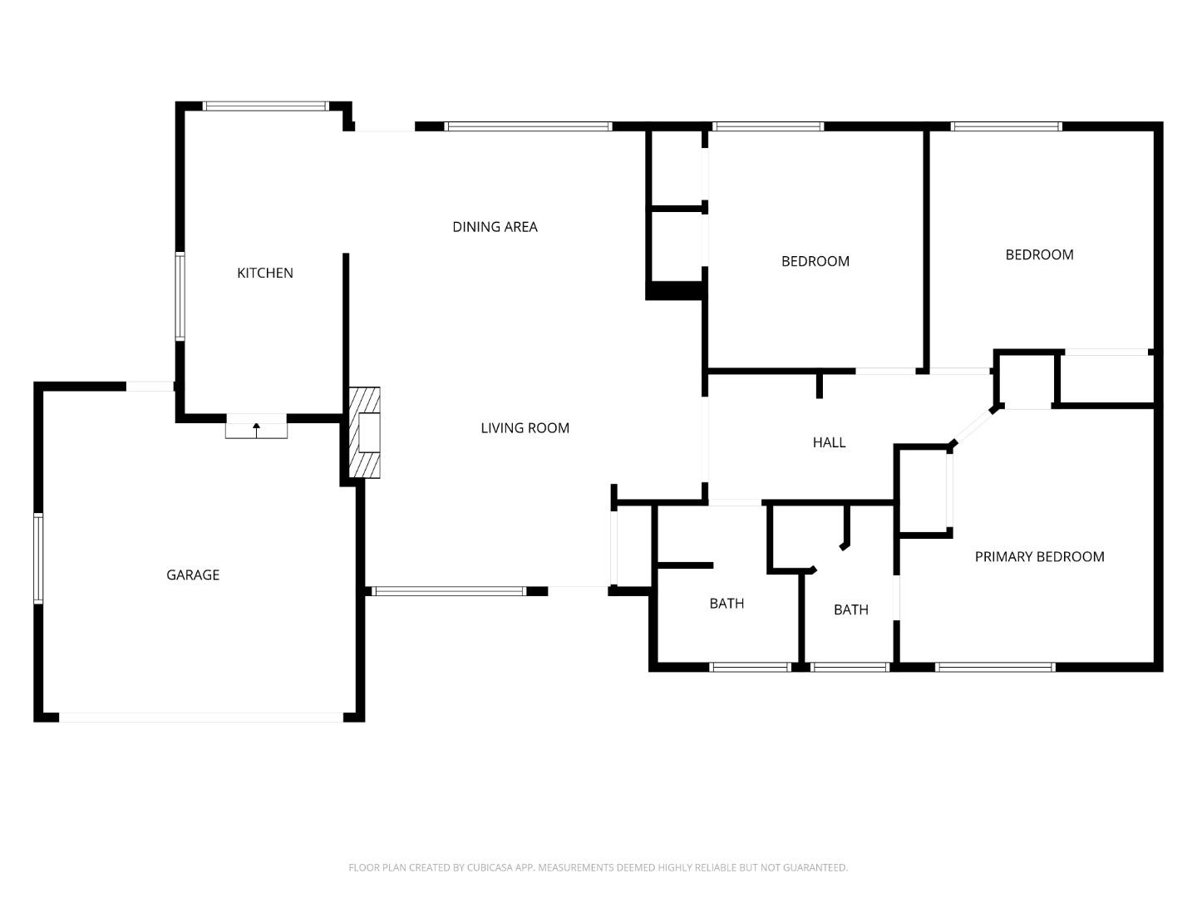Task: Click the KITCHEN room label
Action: (x=265, y=273)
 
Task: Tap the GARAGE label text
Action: (x=193, y=575)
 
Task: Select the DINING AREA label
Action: (x=495, y=226)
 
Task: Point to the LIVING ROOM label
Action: (x=525, y=428)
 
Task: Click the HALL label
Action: (x=829, y=442)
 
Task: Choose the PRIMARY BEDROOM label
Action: (x=1039, y=557)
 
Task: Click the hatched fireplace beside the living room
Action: (x=365, y=432)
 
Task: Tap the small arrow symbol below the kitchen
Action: (x=256, y=429)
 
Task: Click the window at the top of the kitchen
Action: (x=266, y=106)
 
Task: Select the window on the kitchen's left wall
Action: (x=180, y=296)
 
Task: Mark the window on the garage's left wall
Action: (x=38, y=558)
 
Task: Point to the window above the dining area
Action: (x=529, y=126)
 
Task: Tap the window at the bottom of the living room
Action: (x=449, y=591)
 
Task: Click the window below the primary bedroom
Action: (x=995, y=667)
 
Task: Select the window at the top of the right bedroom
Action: (x=1006, y=126)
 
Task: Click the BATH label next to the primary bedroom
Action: (x=850, y=609)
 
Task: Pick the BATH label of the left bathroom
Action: (x=727, y=604)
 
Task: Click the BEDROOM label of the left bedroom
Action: (x=815, y=261)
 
